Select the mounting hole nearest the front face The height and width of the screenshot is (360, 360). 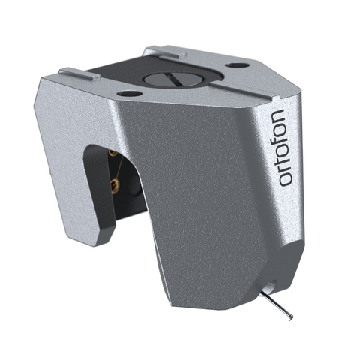pos(130,93)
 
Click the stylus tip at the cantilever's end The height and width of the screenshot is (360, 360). pos(290,316)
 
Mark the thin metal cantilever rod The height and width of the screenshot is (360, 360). pos(277,305)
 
